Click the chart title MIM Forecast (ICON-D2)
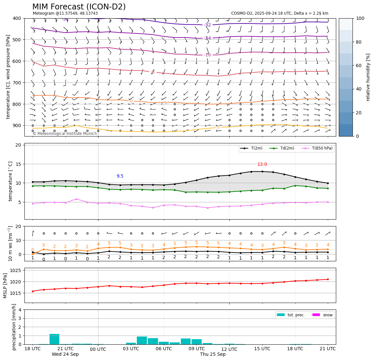click(79, 7)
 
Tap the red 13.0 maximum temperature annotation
click(262, 165)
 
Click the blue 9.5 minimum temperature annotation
click(120, 176)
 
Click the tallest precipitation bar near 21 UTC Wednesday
click(54, 339)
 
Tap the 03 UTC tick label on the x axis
click(131, 349)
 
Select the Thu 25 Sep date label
click(213, 354)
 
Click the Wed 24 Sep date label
click(65, 354)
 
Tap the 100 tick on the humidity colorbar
click(360, 18)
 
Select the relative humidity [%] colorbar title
click(368, 77)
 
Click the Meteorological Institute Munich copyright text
click(65, 134)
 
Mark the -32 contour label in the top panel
click(208, 25)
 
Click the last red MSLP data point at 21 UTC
click(328, 279)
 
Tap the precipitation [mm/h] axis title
click(14, 327)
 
